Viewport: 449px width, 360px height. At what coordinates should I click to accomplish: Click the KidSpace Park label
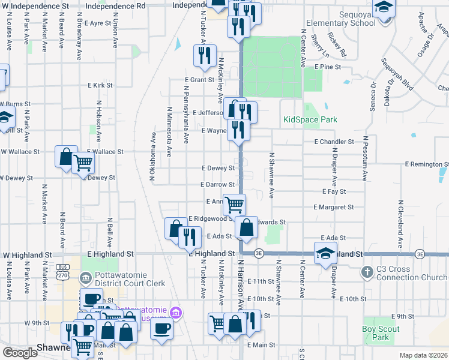click(310, 119)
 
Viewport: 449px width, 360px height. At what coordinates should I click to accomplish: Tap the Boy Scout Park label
click(376, 333)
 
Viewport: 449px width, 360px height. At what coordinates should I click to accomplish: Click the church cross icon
click(367, 272)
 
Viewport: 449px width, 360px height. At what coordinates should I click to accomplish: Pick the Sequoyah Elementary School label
click(340, 19)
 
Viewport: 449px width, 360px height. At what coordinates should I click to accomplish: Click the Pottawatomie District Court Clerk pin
click(85, 278)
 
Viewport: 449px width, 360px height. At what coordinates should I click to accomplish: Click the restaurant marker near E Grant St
click(205, 56)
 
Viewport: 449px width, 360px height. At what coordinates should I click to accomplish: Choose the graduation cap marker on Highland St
click(326, 253)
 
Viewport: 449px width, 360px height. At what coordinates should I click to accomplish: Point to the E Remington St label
click(426, 164)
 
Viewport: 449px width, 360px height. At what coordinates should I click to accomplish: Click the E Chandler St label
click(334, 142)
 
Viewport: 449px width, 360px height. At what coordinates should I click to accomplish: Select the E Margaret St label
click(334, 207)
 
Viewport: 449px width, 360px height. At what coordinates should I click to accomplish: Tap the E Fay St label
click(334, 191)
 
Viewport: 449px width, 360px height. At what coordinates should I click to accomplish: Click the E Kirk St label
click(100, 86)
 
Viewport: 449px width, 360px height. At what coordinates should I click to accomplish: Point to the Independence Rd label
click(124, 5)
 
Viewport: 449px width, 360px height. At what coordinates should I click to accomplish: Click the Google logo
click(20, 352)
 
